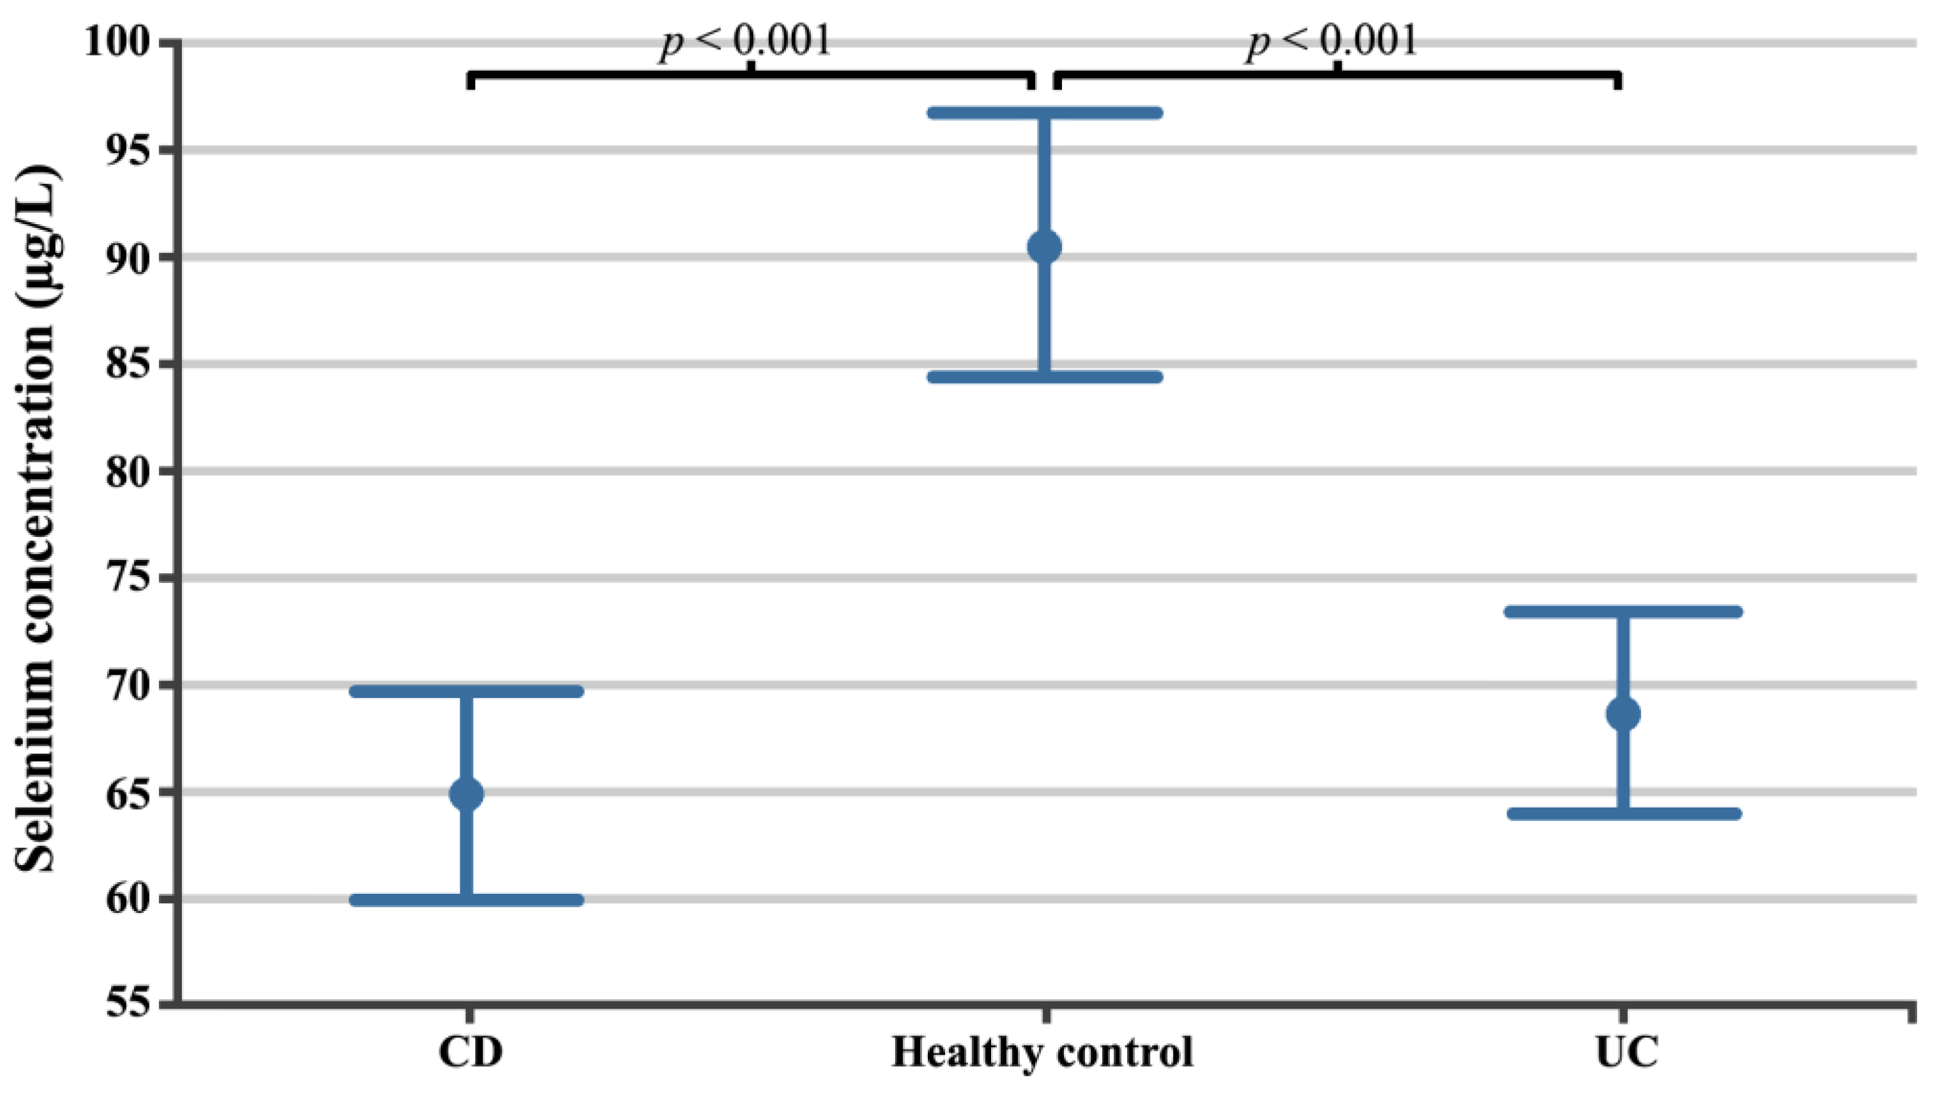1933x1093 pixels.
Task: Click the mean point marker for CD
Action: click(466, 794)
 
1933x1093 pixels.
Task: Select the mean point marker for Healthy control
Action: click(1044, 247)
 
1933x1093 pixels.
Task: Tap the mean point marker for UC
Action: click(1623, 714)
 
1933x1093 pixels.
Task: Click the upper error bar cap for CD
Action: click(466, 691)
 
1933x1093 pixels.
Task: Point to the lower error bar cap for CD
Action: click(466, 900)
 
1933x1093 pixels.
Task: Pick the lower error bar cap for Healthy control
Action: click(1044, 377)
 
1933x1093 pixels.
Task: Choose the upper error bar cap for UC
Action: click(1623, 612)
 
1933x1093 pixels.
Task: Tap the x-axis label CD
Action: click(470, 1053)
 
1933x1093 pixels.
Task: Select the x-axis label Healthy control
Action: click(1042, 1053)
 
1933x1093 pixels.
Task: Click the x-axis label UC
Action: click(1626, 1053)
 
